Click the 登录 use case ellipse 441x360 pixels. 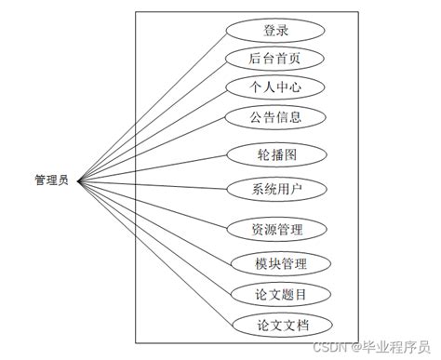click(275, 31)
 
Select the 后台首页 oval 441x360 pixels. click(275, 59)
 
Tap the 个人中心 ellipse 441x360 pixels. click(275, 87)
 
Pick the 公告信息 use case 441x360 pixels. click(275, 117)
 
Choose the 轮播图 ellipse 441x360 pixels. click(275, 154)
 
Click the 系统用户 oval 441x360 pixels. click(275, 188)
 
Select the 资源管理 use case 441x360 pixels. click(275, 228)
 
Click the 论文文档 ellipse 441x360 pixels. click(275, 325)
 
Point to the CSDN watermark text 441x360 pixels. click(328, 347)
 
